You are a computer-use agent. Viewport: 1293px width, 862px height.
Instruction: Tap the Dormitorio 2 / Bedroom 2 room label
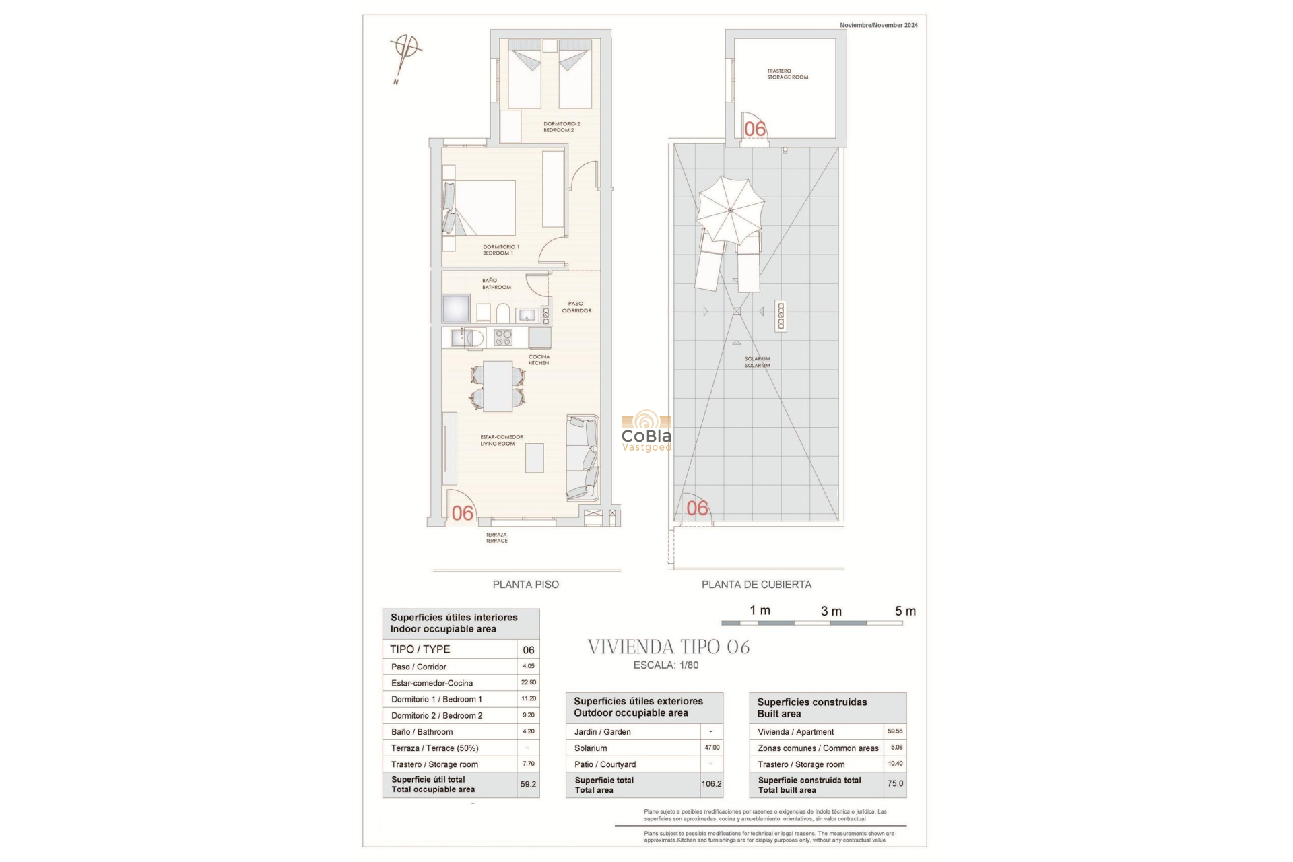(x=562, y=127)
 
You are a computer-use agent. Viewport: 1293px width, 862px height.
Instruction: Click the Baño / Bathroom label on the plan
(x=496, y=284)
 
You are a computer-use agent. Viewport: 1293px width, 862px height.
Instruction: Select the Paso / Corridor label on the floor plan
(x=576, y=307)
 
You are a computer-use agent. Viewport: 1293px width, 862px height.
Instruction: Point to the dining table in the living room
(x=498, y=387)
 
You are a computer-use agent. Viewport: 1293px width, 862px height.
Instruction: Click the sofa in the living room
(x=583, y=457)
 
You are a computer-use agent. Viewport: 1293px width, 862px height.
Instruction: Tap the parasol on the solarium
(x=730, y=211)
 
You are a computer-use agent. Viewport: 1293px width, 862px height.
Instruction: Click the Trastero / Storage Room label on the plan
(x=787, y=74)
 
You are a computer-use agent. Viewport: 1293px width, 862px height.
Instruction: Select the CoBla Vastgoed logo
(x=646, y=431)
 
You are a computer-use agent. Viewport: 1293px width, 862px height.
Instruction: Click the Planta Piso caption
(x=525, y=585)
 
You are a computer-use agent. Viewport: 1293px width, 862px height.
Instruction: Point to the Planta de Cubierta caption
(x=756, y=585)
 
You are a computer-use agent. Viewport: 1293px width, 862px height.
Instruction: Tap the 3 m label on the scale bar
(x=831, y=611)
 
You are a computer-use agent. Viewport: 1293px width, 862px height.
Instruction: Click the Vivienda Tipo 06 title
(x=668, y=647)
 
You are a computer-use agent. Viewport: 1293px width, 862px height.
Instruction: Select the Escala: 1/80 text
(x=665, y=665)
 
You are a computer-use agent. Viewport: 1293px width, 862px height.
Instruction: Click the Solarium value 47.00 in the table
(x=711, y=748)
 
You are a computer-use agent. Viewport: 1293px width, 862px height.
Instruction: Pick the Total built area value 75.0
(x=895, y=784)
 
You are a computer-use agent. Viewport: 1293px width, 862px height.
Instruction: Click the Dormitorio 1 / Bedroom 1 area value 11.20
(x=529, y=699)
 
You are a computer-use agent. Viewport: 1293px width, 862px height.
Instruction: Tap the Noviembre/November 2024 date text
(x=878, y=25)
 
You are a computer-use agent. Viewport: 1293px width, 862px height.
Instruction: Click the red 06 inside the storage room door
(x=755, y=129)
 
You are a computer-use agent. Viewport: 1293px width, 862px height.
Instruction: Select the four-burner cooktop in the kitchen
(x=503, y=337)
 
